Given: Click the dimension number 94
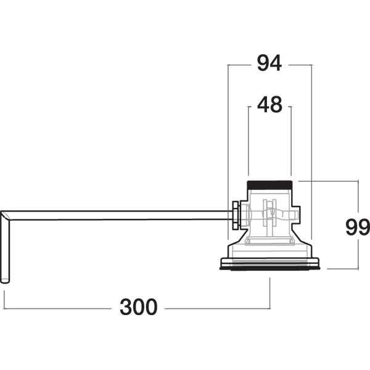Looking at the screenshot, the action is [269, 63].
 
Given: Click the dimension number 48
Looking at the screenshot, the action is [269, 104].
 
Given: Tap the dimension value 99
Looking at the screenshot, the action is [358, 227].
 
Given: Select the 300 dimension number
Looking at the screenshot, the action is [138, 306].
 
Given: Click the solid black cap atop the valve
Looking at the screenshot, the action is [269, 185].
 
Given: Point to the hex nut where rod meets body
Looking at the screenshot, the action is [236, 215].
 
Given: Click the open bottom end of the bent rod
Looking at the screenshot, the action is [5, 281].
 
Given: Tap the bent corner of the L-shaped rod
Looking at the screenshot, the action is [5, 215].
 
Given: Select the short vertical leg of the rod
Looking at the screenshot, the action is [5, 250].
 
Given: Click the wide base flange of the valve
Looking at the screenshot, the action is [269, 264].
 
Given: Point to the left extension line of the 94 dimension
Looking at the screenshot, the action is [228, 152].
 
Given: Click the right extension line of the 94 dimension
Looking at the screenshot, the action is [311, 152].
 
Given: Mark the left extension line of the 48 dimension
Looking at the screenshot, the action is [249, 141].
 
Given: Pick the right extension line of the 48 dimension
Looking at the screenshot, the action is [291, 141].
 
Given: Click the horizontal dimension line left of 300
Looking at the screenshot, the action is [57, 308].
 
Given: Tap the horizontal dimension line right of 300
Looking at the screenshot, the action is [217, 308].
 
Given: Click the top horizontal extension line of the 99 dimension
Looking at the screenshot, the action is [328, 181].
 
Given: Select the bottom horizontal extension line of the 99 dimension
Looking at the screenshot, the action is [343, 268].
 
